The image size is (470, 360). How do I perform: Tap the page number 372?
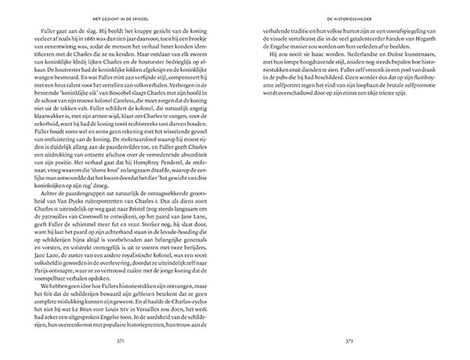119,341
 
